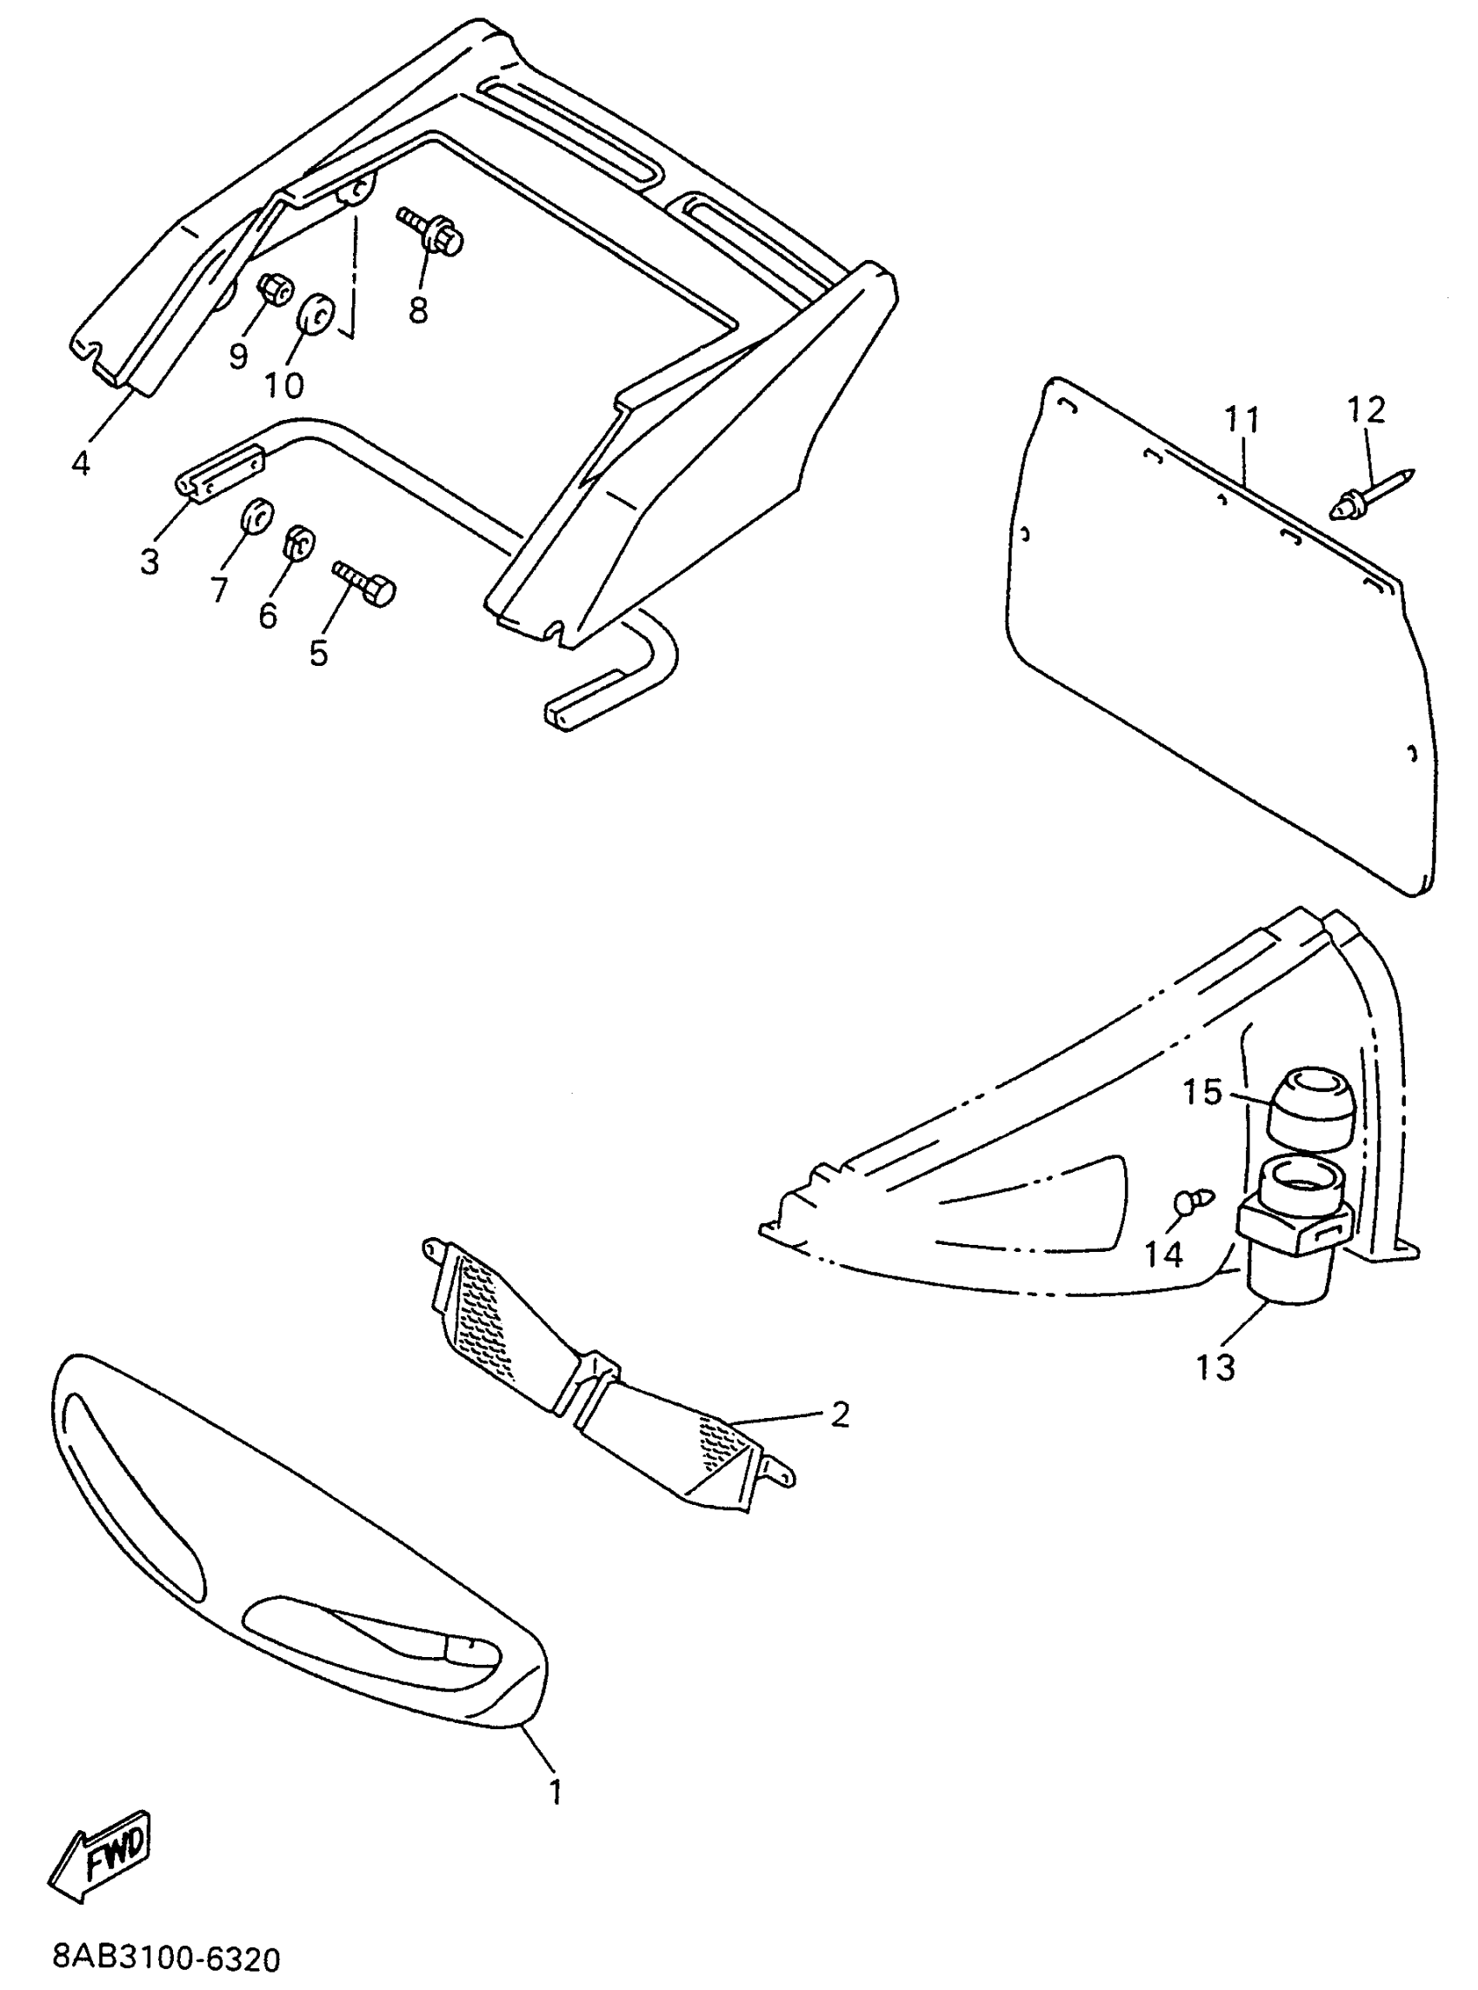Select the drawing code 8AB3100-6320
click(166, 1955)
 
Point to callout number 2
click(839, 1414)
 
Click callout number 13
click(1215, 1368)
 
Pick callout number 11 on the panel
click(1242, 418)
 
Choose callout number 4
click(81, 463)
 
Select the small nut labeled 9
click(272, 289)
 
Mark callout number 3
click(150, 561)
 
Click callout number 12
click(1366, 409)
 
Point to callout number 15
click(1202, 1091)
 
